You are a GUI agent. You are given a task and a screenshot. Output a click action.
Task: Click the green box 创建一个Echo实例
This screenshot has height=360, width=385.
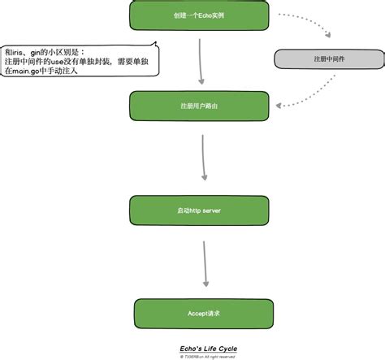coord(200,16)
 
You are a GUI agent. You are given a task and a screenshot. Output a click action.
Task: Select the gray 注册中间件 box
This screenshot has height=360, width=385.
coord(324,59)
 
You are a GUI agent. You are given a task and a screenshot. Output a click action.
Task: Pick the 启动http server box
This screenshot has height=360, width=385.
coord(200,210)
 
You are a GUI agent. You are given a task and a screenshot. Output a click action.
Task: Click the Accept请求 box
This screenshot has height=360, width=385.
coord(200,313)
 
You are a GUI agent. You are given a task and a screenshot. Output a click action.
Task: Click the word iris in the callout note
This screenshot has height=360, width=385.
coord(20,50)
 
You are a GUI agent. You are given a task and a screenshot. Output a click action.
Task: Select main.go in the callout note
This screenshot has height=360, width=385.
coord(29,72)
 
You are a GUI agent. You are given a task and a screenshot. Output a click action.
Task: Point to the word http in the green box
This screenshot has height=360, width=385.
coord(194,210)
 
